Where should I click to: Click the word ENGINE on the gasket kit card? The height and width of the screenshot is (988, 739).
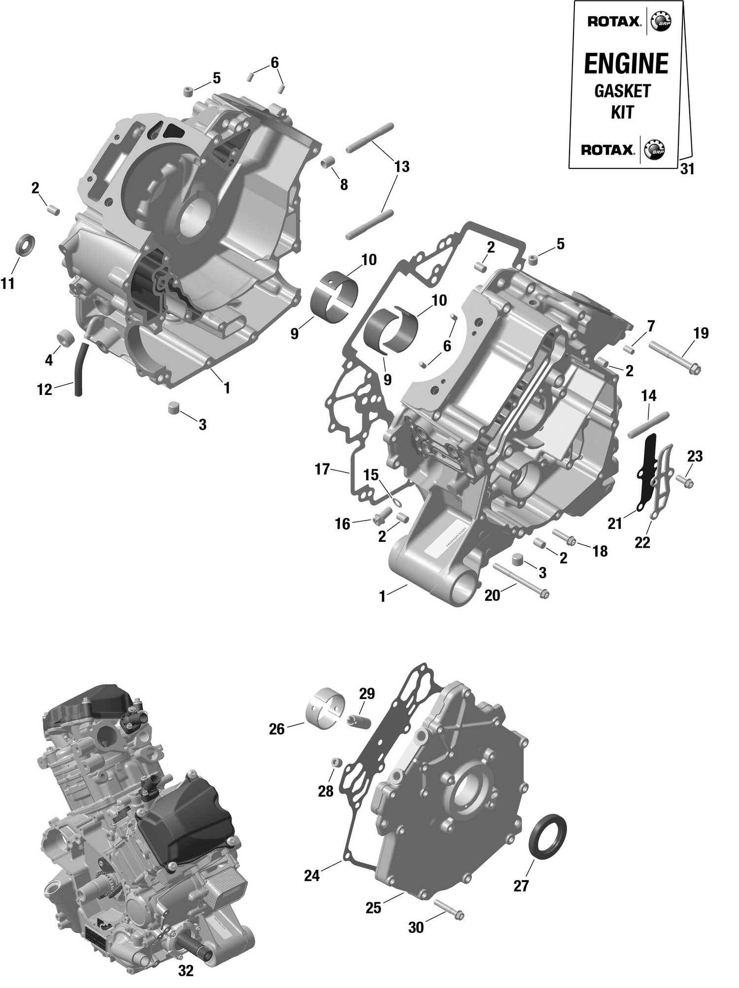click(x=626, y=64)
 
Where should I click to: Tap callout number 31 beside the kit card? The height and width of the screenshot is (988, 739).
click(x=687, y=169)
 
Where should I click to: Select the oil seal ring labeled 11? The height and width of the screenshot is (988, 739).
click(x=27, y=245)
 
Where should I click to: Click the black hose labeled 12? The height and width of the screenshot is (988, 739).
click(x=80, y=369)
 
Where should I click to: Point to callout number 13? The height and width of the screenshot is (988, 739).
click(x=402, y=167)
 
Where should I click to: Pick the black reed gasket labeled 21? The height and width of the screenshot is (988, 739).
click(x=644, y=470)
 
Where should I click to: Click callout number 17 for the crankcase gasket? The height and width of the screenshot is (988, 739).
click(x=322, y=469)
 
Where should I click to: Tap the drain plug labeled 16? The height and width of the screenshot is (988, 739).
click(x=381, y=517)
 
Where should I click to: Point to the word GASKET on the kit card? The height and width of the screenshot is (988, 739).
click(x=622, y=91)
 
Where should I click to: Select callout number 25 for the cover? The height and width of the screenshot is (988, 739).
click(x=373, y=907)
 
